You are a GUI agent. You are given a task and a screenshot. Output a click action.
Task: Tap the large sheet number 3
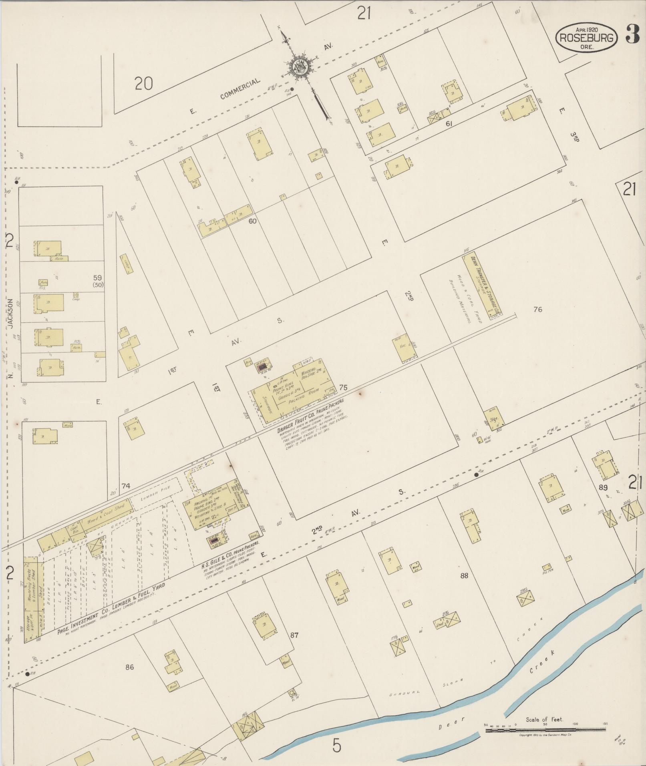[x=632, y=35]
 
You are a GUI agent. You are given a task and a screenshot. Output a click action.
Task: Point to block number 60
[x=252, y=221]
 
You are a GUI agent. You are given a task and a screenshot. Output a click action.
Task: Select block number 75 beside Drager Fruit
[x=343, y=387]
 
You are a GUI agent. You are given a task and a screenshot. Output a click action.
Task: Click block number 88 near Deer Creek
[x=464, y=576]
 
